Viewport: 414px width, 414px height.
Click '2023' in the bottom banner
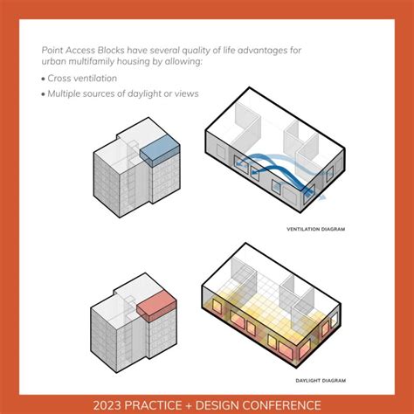pos(93,403)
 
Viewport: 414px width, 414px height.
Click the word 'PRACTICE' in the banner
pos(150,403)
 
